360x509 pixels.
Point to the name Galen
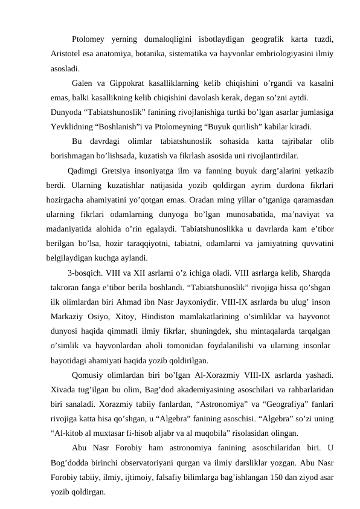[82, 82]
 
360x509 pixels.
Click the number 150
[277, 477]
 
